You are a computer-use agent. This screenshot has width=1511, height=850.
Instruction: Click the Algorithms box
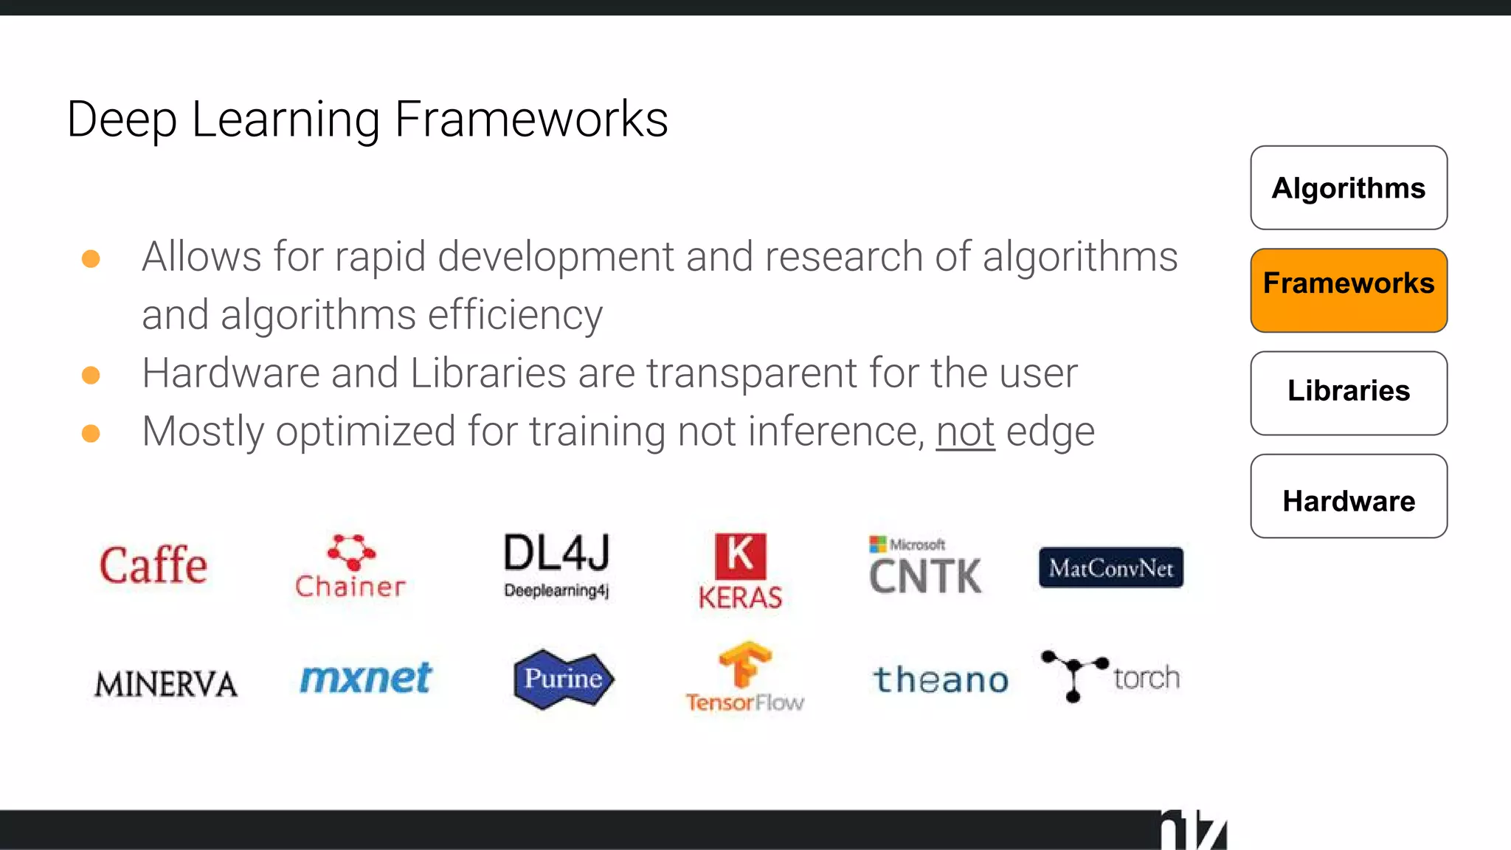[1348, 188]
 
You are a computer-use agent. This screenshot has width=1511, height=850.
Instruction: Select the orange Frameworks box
[1348, 290]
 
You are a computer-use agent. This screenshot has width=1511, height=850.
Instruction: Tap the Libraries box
[1348, 393]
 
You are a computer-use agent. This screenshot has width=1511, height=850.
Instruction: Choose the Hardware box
[1348, 496]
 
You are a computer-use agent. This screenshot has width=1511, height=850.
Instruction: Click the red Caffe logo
[153, 566]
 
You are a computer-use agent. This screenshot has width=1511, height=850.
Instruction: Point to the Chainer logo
[350, 567]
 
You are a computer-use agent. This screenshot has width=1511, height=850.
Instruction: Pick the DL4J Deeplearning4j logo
[557, 565]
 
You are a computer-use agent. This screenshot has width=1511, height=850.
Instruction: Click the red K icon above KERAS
[740, 556]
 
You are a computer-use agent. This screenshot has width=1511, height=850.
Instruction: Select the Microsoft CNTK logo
[925, 567]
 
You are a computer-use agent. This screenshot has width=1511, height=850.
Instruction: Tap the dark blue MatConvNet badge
[1110, 567]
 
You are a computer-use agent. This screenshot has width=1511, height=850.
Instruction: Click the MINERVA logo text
[166, 684]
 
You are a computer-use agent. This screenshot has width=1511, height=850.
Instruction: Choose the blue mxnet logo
[365, 678]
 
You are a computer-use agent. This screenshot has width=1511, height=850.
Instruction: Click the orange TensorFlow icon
[745, 664]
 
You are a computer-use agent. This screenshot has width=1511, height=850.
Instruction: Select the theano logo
[941, 680]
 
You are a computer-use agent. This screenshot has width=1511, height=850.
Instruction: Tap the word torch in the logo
[1147, 677]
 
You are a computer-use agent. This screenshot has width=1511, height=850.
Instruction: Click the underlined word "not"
[965, 432]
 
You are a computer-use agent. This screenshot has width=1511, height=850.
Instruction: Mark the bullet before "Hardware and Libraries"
[91, 375]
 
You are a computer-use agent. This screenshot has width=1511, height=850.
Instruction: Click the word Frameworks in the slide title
[531, 120]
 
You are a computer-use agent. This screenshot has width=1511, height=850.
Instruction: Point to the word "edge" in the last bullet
[1051, 432]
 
